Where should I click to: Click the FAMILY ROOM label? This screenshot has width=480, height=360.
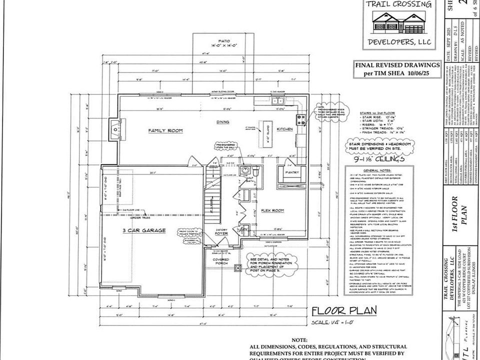pos(165,130)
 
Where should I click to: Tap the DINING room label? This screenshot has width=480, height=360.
pos(222,121)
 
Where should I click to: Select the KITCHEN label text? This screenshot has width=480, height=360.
pos(284,129)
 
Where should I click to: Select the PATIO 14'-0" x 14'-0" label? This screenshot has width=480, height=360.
pos(223,43)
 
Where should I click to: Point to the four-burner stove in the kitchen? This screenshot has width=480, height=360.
pos(301,119)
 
